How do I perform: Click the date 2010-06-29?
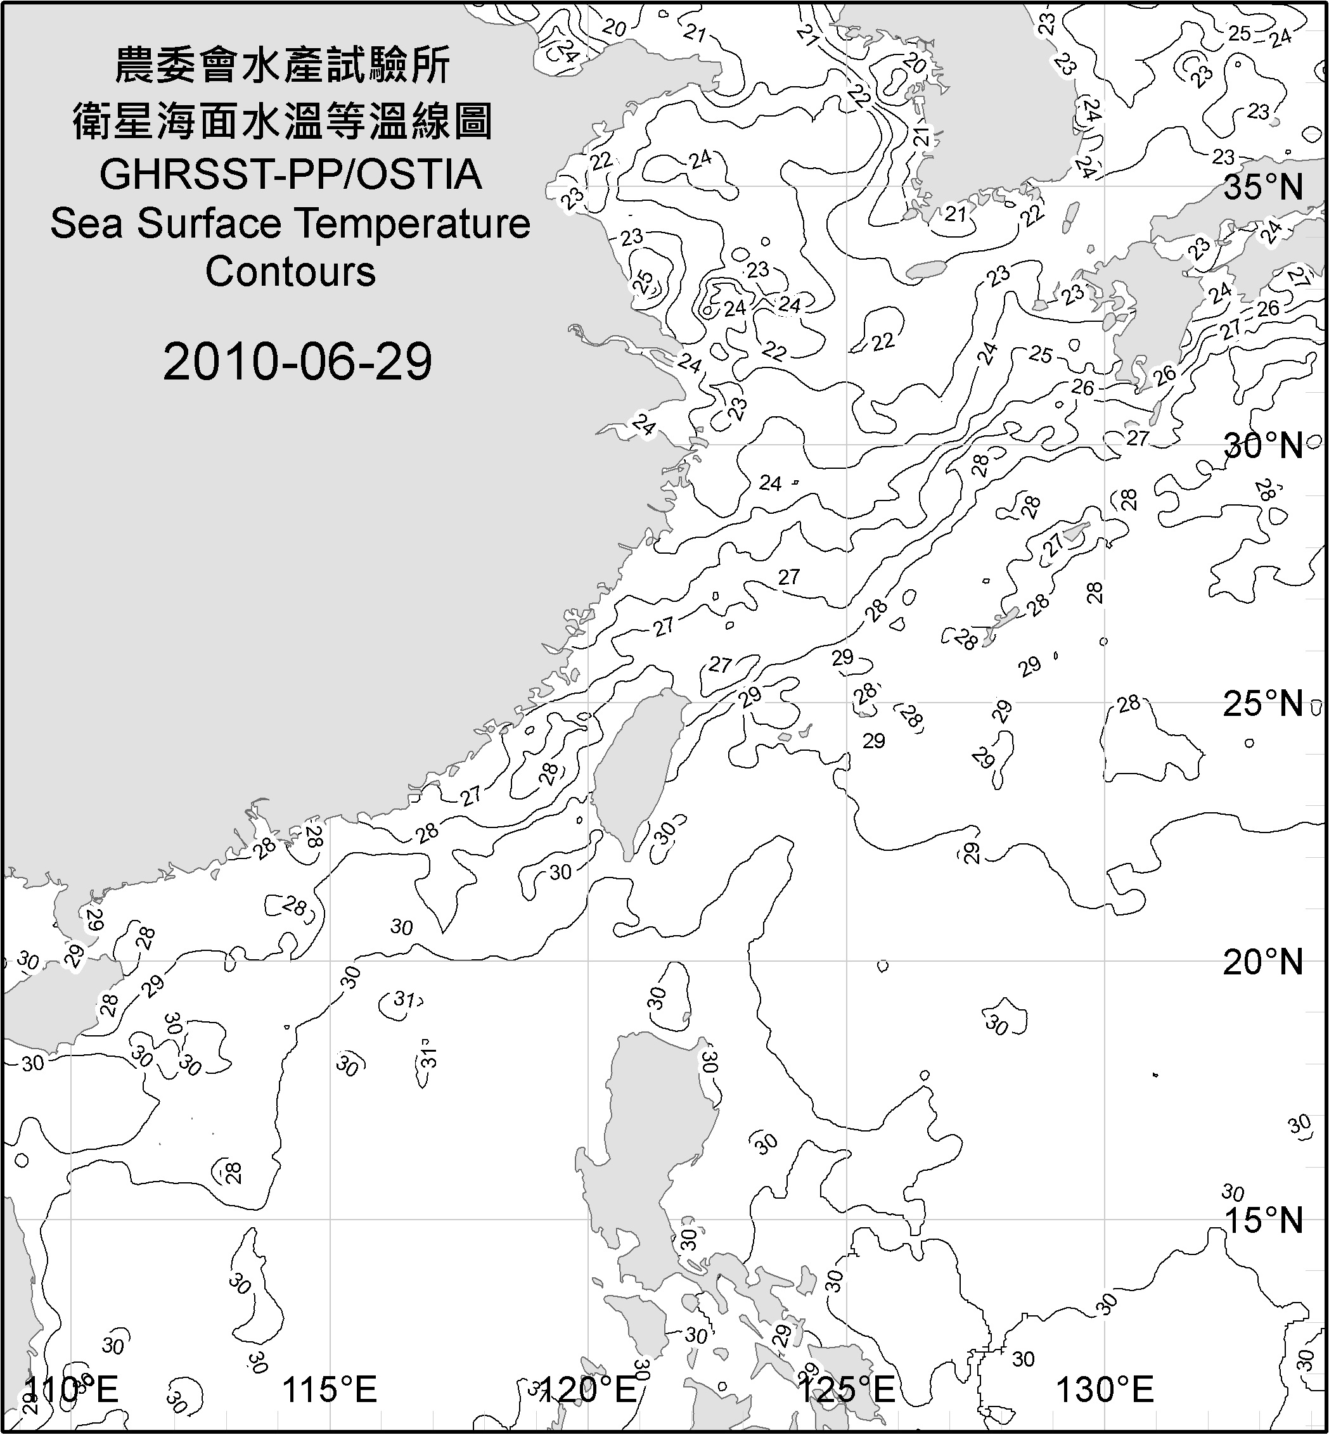coord(297,362)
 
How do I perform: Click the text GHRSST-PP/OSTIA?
coord(290,175)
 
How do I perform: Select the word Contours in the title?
coord(290,272)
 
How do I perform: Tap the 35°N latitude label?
coord(1263,187)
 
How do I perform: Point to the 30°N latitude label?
coord(1263,446)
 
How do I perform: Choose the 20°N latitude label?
coord(1263,962)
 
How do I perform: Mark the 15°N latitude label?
coord(1263,1220)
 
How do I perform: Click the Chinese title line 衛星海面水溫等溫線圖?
coord(283,121)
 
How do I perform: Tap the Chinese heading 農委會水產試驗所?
coord(283,66)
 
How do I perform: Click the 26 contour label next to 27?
coord(1268,309)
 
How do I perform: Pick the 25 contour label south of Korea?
coord(1040,354)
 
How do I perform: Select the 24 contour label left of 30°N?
coord(770,483)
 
